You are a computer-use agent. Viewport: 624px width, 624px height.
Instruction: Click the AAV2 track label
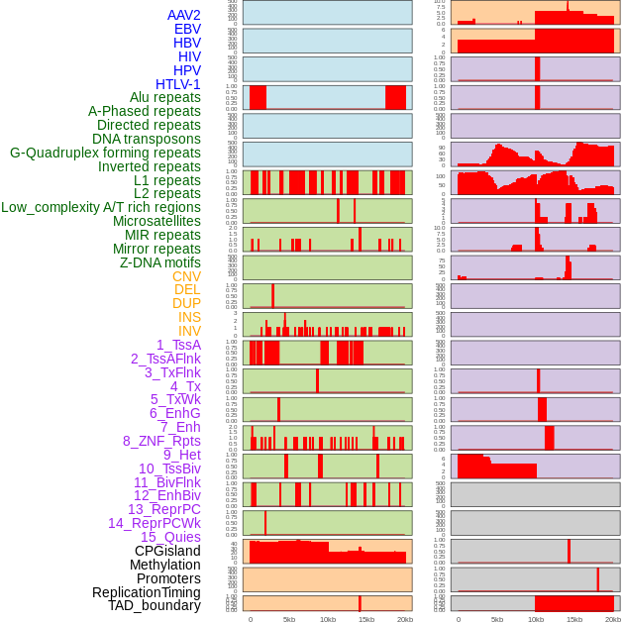[184, 15]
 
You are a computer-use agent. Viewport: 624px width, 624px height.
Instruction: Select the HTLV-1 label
[178, 84]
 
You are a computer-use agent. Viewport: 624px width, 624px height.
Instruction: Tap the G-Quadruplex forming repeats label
[105, 153]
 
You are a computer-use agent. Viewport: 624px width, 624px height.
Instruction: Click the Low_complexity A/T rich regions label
[101, 207]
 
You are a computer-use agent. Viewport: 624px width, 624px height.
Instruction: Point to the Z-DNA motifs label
[160, 262]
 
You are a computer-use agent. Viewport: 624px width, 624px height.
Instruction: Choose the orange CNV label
[186, 276]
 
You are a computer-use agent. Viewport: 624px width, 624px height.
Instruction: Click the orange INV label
[189, 331]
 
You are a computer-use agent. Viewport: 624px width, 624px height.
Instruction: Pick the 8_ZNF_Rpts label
[161, 441]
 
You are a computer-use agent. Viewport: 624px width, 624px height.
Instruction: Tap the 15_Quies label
[170, 537]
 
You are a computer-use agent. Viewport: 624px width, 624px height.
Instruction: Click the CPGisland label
[167, 551]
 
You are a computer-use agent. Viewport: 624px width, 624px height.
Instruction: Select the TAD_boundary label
[155, 605]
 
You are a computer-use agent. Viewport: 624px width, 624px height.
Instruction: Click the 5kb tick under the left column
[289, 619]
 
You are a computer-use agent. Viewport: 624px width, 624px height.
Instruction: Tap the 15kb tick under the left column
[366, 619]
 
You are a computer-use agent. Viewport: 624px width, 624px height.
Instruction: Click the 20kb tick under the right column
[613, 619]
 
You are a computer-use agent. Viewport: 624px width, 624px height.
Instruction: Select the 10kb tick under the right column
[536, 619]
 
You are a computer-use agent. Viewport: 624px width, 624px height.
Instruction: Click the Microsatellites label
[156, 221]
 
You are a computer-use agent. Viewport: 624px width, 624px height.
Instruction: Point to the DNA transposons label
[147, 139]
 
